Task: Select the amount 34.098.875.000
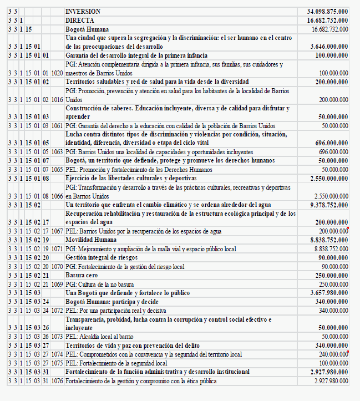coord(327,11)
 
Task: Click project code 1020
coord(56,73)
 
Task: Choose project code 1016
coord(56,99)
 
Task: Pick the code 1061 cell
coord(56,126)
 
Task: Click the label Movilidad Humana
coord(92,240)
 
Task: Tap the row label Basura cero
coord(82,275)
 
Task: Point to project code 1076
coord(56,381)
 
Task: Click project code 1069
coord(56,284)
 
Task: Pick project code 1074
coord(56,354)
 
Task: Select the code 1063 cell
coord(56,151)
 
